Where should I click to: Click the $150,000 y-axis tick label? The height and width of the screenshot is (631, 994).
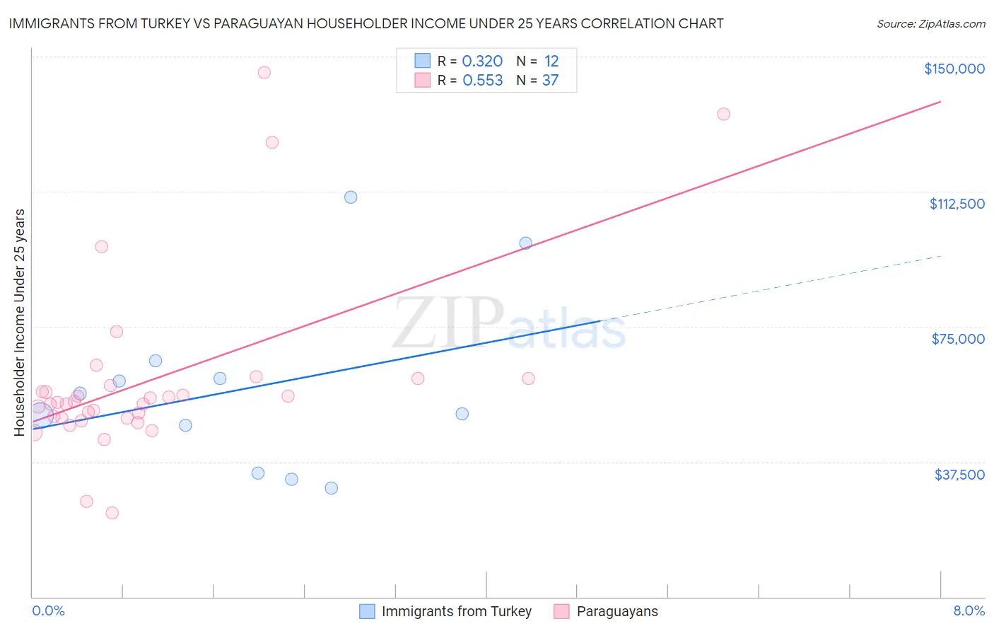point(954,69)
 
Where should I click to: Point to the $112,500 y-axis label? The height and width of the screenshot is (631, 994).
point(957,204)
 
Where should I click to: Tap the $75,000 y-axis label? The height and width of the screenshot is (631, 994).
point(957,339)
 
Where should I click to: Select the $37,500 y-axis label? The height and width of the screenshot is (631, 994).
point(959,475)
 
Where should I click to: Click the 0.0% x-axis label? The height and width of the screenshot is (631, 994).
point(48,610)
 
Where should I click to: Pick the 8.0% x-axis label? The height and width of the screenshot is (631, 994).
point(969,610)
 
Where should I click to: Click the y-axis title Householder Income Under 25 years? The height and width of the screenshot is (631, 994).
point(20,322)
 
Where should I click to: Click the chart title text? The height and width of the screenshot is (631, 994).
point(366,23)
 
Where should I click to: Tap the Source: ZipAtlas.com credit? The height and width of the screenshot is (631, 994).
point(930,24)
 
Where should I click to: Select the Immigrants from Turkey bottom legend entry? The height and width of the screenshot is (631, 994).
point(456,611)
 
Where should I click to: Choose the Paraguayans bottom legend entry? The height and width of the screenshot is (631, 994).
point(616,611)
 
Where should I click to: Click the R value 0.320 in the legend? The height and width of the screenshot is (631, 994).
point(482,62)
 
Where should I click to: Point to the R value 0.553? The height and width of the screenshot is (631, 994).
point(482,81)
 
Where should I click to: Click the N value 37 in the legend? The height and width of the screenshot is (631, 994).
point(550,81)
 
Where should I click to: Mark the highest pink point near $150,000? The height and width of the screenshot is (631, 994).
point(264,72)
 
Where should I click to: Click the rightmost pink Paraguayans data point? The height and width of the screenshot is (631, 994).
point(723,114)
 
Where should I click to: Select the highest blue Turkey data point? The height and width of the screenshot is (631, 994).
point(351,197)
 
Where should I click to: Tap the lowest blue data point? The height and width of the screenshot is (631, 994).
point(331,488)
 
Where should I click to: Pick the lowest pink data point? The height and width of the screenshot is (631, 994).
point(112,513)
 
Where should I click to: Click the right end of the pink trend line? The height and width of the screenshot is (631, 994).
point(940,102)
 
